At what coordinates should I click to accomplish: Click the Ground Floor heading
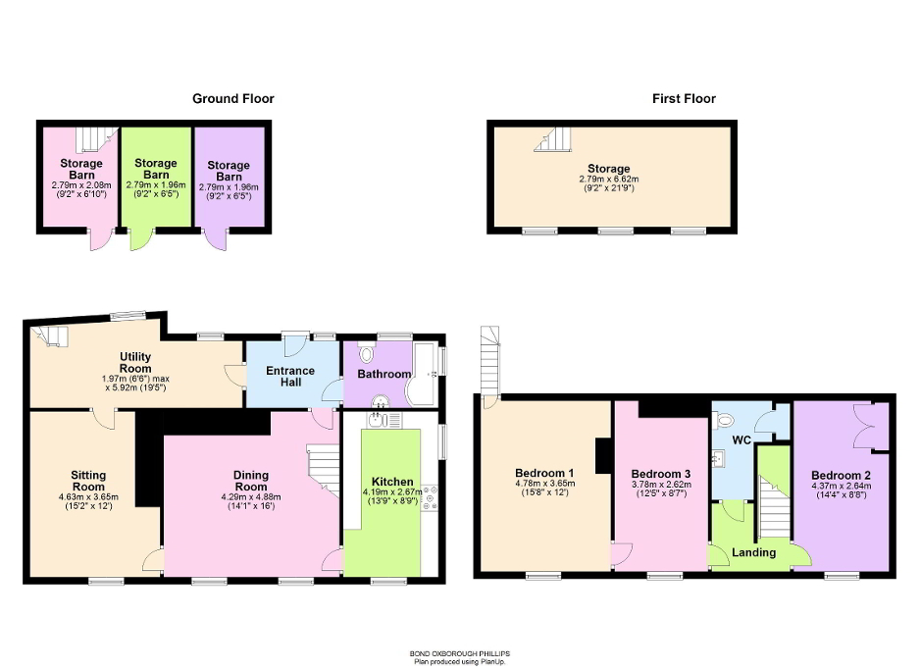pyautogui.click(x=232, y=98)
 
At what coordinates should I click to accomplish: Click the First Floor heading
pyautogui.click(x=684, y=98)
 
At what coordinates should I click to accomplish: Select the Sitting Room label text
pyautogui.click(x=88, y=481)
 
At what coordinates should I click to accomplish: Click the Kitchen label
pyautogui.click(x=391, y=482)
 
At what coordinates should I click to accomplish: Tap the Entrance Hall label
pyautogui.click(x=290, y=377)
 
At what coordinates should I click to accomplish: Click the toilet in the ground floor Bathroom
pyautogui.click(x=366, y=353)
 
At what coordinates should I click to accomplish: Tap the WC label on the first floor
pyautogui.click(x=741, y=440)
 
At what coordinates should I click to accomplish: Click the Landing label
pyautogui.click(x=754, y=552)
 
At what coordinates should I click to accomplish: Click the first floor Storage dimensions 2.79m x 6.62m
pyautogui.click(x=609, y=180)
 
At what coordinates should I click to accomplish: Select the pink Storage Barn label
pyautogui.click(x=81, y=169)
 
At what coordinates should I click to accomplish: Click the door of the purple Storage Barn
pyautogui.click(x=215, y=239)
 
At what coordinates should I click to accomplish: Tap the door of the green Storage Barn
pyautogui.click(x=141, y=239)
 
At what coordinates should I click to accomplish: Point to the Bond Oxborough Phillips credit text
pyautogui.click(x=460, y=652)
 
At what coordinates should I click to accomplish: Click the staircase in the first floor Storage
pyautogui.click(x=553, y=140)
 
